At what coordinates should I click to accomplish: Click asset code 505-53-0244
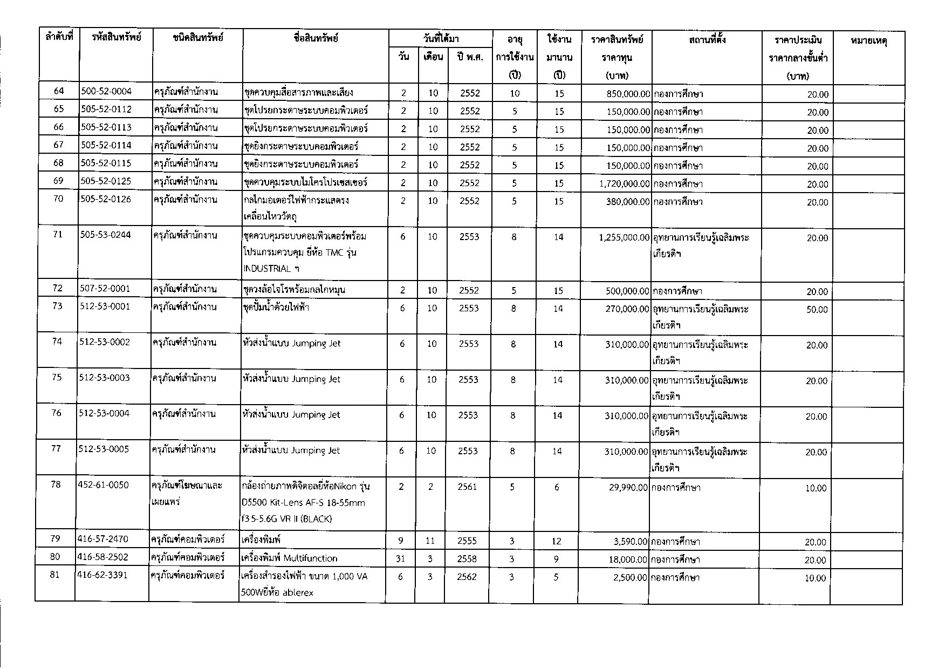tap(106, 235)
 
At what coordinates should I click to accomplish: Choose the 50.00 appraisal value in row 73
tap(817, 310)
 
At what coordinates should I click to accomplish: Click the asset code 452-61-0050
tap(104, 486)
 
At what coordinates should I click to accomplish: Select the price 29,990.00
tap(628, 488)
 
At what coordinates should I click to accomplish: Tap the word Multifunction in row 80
tap(310, 558)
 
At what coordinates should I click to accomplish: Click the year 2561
tap(467, 487)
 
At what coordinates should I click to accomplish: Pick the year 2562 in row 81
tap(467, 577)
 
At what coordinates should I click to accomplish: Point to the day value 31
tap(400, 559)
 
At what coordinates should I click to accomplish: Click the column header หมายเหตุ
tap(868, 40)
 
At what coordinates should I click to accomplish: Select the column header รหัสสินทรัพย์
tap(116, 38)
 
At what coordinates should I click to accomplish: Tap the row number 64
tap(59, 92)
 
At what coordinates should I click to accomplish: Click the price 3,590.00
tap(631, 542)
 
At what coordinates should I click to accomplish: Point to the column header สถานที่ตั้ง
tap(707, 39)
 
